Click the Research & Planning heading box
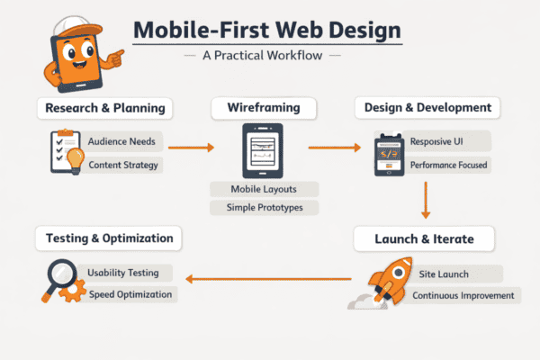(106, 109)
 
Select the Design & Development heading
(427, 108)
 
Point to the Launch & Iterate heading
(424, 239)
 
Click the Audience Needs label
(122, 142)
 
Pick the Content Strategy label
(123, 165)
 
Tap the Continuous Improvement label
(463, 295)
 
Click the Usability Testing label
(124, 273)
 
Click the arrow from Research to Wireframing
(191, 145)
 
